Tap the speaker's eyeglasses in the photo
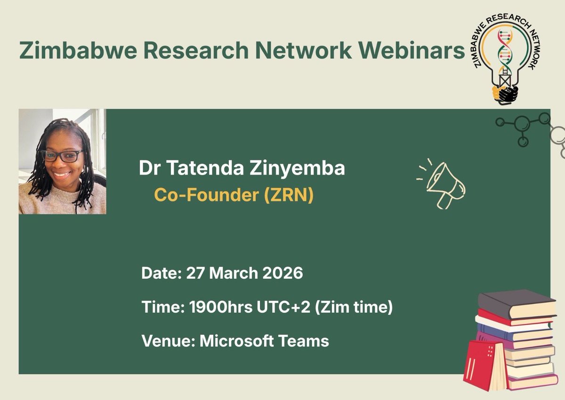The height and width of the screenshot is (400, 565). click(x=62, y=156)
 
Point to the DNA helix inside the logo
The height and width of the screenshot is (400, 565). click(x=506, y=52)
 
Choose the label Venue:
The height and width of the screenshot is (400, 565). click(x=168, y=341)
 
